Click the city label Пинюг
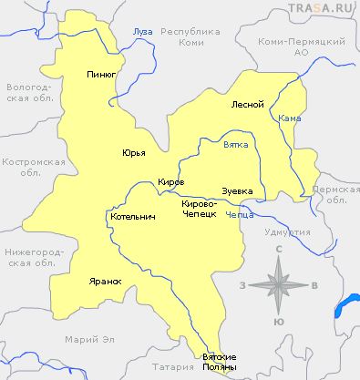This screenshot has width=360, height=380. tap(101, 75)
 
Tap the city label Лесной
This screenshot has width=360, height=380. tap(248, 104)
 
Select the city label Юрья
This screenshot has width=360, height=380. tap(134, 152)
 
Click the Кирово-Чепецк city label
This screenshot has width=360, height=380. tap(199, 208)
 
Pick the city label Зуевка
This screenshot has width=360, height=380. tap(237, 190)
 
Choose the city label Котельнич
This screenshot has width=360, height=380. tap(132, 218)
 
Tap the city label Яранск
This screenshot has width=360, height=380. tap(105, 281)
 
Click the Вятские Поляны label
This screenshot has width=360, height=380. tap(219, 361)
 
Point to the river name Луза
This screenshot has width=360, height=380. tap(143, 32)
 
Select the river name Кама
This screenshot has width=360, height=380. tap(290, 118)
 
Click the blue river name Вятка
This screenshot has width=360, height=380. tap(236, 145)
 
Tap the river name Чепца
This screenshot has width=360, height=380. tap(240, 216)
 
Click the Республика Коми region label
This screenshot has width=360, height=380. tap(191, 36)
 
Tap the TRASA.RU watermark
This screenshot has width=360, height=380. tap(322, 9)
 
